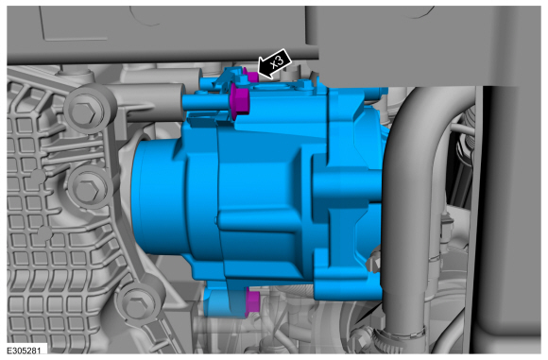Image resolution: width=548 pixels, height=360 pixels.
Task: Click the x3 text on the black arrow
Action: tap(277, 61)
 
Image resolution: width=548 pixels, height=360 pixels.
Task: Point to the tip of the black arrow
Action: tap(258, 74)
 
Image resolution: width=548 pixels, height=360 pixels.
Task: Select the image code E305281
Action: tap(22, 351)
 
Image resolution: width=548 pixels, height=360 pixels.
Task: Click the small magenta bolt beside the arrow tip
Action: tap(251, 76)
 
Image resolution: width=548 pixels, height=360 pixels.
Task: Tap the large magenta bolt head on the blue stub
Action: tap(240, 101)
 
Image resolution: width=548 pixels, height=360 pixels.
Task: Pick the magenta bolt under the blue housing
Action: tap(252, 302)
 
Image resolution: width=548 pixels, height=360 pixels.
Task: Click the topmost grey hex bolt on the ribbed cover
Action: tap(84, 112)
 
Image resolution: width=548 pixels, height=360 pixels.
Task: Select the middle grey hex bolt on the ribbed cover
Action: tap(87, 190)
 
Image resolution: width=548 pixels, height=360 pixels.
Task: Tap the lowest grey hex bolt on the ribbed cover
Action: tap(136, 305)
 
